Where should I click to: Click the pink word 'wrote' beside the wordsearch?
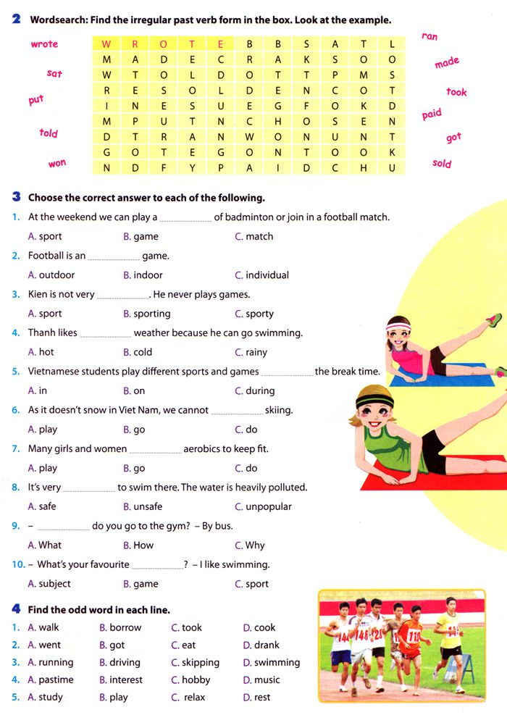tap(44, 44)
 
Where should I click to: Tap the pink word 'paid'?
tap(432, 114)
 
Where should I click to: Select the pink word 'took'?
tap(456, 92)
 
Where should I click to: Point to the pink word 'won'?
tap(57, 164)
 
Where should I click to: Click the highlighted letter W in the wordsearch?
tap(107, 43)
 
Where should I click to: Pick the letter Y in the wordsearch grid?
tap(192, 168)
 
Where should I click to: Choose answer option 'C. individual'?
tap(261, 275)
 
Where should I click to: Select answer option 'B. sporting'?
tap(147, 314)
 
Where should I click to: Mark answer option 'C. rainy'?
tap(251, 353)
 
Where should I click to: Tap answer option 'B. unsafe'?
tap(143, 507)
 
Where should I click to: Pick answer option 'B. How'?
tap(138, 545)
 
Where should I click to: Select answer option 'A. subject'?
tap(49, 584)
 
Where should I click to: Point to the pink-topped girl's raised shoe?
tap(494, 319)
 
